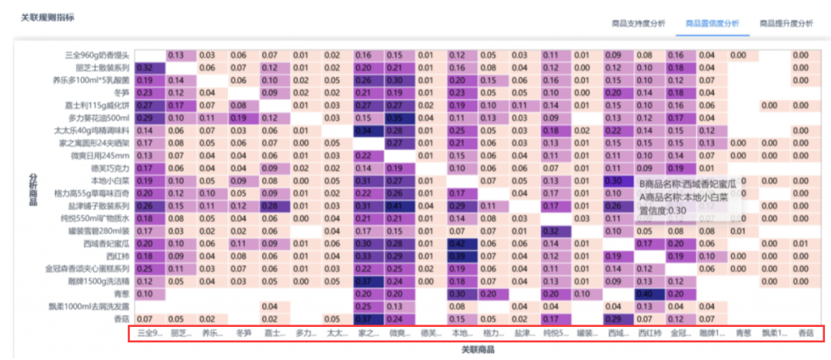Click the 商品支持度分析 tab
click(638, 24)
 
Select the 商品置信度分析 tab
click(712, 24)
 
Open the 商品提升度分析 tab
click(786, 24)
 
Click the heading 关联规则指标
click(48, 16)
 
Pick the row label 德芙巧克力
click(111, 168)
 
